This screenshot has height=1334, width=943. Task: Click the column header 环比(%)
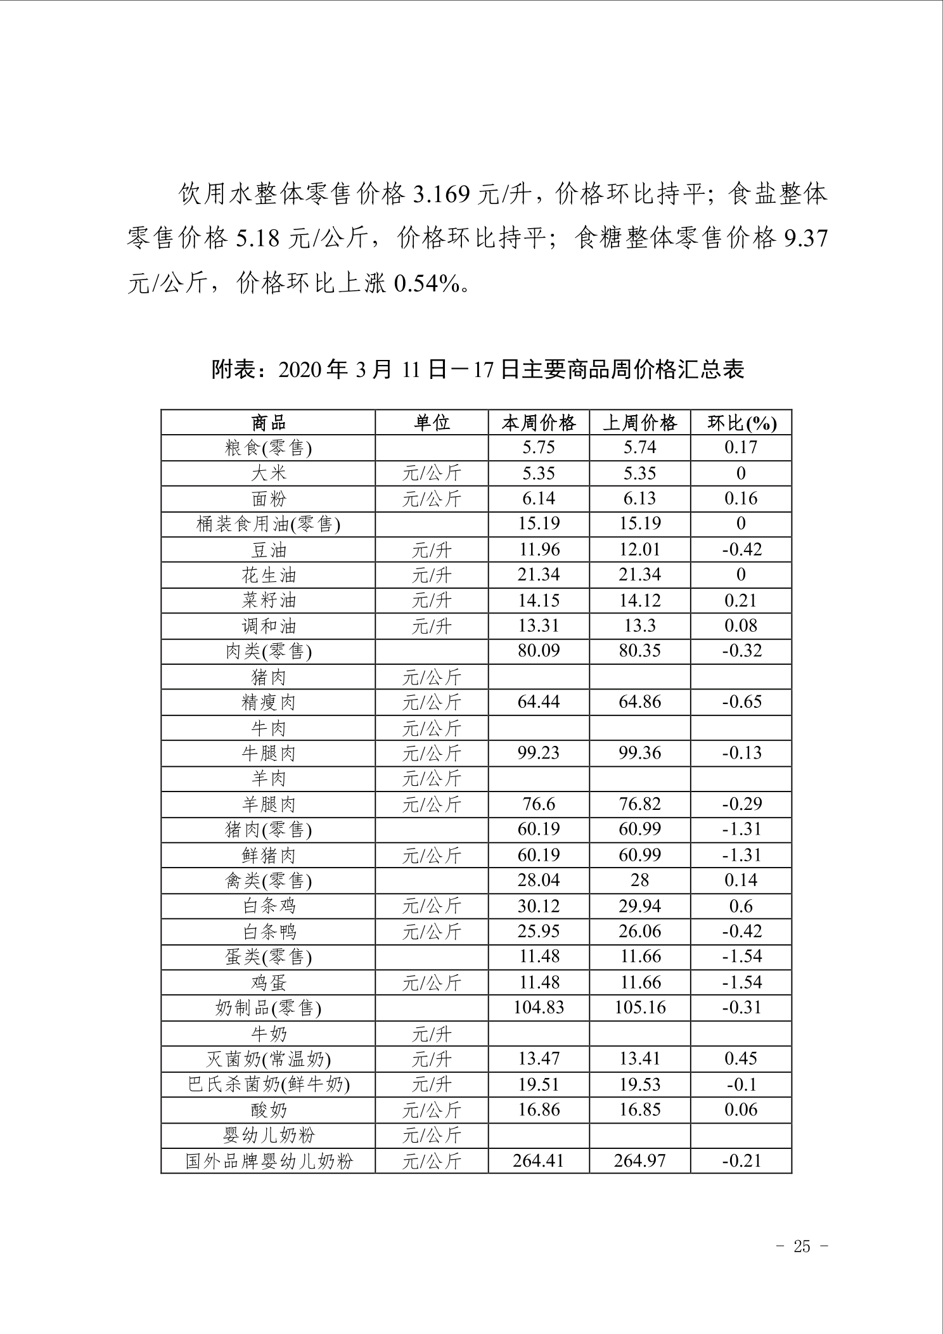pos(741,423)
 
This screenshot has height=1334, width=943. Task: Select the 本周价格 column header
pos(539,423)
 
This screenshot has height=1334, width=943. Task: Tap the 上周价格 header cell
pos(639,423)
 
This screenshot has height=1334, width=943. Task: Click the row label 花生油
pos(269,575)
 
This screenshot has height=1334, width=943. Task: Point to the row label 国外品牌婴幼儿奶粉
pos(269,1162)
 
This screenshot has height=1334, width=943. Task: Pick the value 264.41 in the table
pos(539,1161)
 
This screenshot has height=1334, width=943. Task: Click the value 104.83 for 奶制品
pos(539,1008)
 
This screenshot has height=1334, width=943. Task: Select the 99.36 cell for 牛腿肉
pos(639,753)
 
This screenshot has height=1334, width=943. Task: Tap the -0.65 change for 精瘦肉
pos(741,702)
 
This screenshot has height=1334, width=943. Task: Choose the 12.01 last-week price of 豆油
pos(639,549)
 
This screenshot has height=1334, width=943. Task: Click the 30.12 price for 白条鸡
pos(539,906)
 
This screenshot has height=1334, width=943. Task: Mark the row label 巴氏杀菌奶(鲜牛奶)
pos(269,1085)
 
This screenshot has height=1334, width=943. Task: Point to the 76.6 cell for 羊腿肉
pos(539,804)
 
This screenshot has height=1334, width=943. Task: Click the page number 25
pos(802,1247)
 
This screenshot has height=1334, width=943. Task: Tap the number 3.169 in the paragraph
pos(442,195)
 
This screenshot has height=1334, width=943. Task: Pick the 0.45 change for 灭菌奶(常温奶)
pos(741,1058)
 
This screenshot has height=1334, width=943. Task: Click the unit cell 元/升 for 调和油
pos(432,627)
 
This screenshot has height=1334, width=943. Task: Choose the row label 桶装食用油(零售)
pos(269,525)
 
